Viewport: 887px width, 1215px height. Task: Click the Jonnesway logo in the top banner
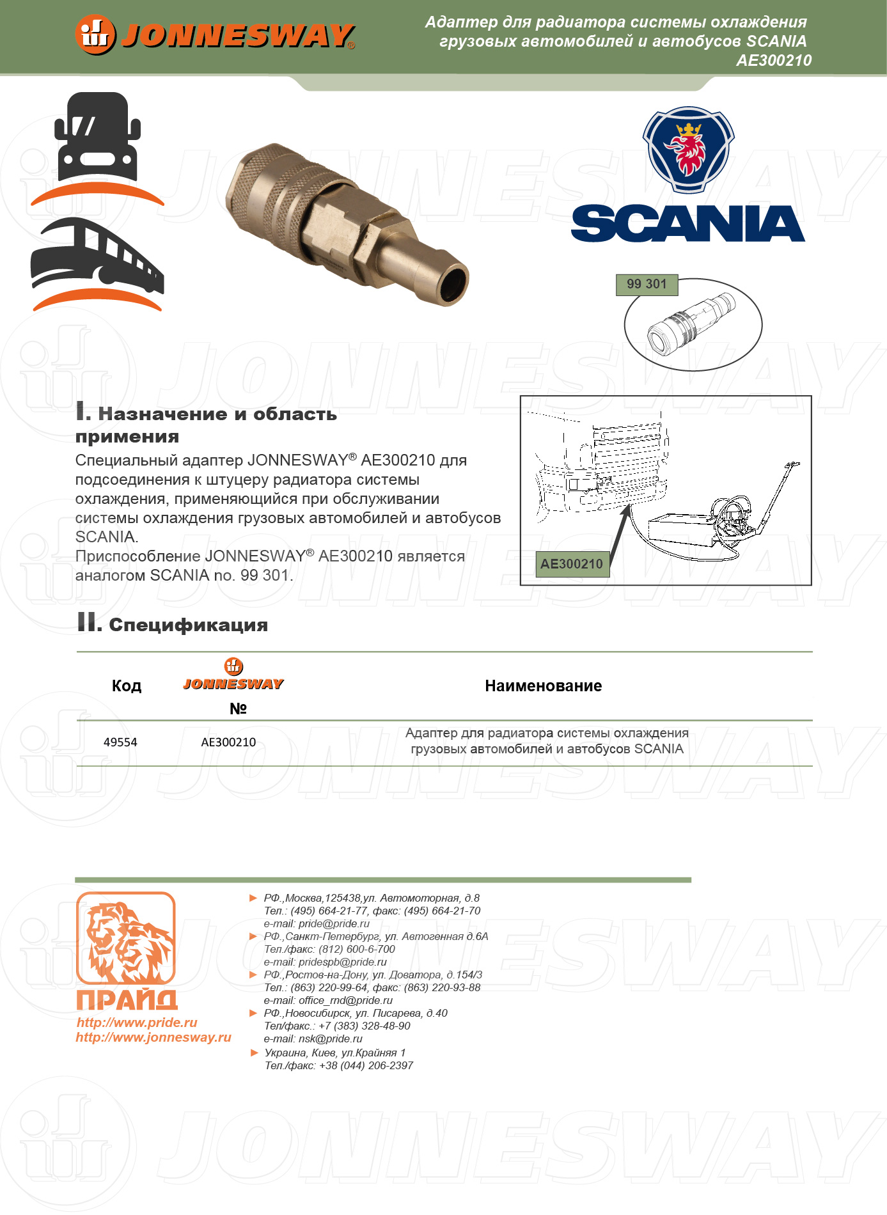[215, 35]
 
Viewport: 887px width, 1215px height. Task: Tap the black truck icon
[97, 137]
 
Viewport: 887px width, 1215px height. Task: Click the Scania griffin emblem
[688, 150]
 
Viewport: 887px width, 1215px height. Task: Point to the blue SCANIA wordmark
[687, 224]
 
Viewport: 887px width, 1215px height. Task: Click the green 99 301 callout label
[647, 285]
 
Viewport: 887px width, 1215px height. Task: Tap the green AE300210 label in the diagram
[572, 564]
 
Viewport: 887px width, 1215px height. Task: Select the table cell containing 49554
[120, 742]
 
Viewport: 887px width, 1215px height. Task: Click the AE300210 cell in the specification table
[228, 742]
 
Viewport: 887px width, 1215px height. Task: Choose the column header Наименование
[543, 686]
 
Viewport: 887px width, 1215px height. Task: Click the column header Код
[126, 686]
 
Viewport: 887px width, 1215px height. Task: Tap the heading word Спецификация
[188, 625]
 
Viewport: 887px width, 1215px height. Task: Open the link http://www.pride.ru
[137, 1023]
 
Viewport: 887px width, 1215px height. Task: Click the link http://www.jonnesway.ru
[153, 1037]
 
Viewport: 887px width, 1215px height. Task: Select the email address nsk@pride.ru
[330, 1039]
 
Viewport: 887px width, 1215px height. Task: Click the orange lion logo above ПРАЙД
[126, 938]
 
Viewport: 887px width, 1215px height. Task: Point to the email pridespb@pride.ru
[342, 962]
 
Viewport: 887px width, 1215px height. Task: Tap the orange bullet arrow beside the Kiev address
[254, 1053]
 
